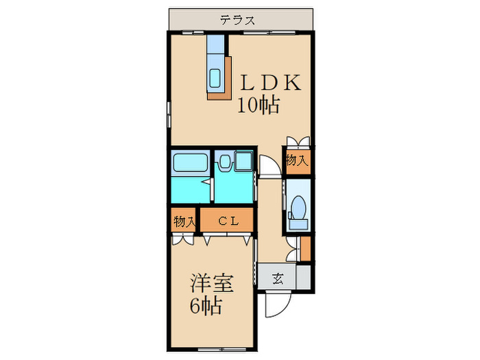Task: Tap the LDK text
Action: (269, 84)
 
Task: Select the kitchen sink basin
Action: (215, 78)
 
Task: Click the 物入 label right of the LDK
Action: (297, 160)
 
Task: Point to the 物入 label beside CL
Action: (184, 221)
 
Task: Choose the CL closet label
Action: (228, 221)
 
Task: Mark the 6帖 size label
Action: (206, 307)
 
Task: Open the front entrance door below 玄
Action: (277, 302)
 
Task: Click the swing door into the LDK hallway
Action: (269, 167)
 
